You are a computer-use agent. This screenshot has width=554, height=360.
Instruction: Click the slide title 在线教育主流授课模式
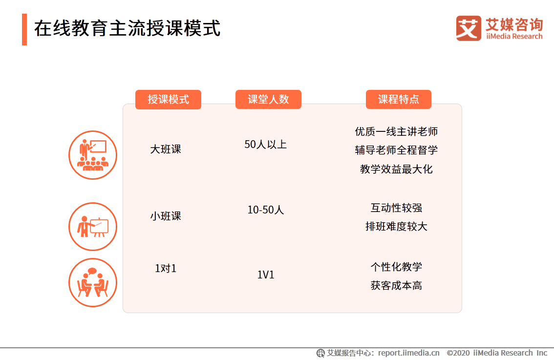tap(127, 28)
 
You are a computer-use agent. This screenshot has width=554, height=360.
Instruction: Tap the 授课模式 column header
tap(168, 99)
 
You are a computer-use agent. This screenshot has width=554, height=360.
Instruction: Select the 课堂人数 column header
tap(268, 99)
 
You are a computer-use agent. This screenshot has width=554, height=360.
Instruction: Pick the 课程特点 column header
tap(398, 99)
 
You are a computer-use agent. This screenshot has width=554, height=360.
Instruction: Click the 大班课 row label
tap(166, 149)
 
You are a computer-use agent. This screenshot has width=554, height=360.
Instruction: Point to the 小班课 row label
tap(166, 216)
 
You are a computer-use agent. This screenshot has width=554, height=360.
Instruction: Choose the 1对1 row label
tap(166, 269)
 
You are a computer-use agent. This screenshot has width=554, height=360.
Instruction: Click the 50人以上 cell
tap(265, 145)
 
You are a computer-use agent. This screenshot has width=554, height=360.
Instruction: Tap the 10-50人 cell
tap(265, 210)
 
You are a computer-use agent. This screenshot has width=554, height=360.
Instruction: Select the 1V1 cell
tap(266, 275)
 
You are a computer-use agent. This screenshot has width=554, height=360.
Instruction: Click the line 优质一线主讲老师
tap(396, 131)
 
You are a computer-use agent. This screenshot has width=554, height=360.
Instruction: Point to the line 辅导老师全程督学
tap(396, 150)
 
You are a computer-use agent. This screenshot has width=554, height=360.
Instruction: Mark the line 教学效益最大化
tap(396, 169)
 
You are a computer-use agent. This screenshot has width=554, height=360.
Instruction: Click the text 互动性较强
tap(396, 208)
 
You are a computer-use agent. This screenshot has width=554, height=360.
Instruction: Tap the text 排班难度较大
tap(396, 227)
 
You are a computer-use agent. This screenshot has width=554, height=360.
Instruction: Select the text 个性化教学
tap(396, 267)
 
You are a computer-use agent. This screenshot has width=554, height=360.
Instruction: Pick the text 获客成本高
tap(396, 285)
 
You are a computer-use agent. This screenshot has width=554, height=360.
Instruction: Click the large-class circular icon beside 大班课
tap(93, 155)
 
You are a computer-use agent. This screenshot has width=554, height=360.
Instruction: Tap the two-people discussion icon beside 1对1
tap(93, 282)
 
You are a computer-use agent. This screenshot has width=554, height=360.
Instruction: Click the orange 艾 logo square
tap(469, 28)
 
